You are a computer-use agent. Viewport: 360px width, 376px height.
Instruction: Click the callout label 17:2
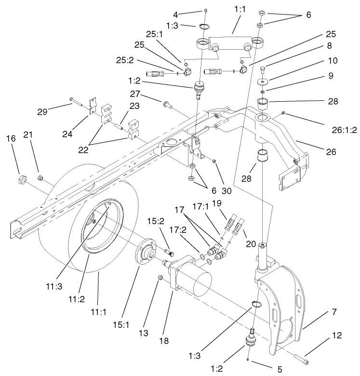pos(177,232)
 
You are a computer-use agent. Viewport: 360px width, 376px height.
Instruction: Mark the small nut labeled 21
pos(40,179)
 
